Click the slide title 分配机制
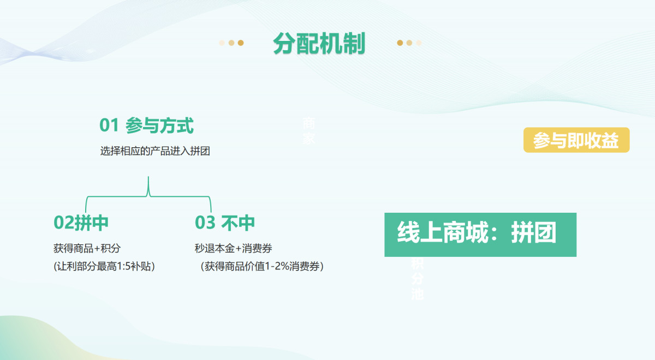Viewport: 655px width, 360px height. [319, 44]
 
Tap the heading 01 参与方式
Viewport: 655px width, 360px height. [146, 126]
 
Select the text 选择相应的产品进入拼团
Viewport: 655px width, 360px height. [155, 152]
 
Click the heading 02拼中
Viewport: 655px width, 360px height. [81, 223]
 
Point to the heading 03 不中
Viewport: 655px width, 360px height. [225, 223]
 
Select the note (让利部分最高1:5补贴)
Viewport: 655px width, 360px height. [104, 267]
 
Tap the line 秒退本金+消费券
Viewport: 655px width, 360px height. [234, 249]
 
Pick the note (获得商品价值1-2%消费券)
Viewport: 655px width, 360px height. [262, 267]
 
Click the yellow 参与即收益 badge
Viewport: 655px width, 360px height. [576, 140]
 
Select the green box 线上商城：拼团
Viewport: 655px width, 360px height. [480, 235]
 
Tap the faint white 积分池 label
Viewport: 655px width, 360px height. [418, 279]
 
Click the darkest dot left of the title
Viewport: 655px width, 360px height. [241, 43]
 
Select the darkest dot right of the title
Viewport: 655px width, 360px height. [400, 43]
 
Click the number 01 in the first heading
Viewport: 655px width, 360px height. [109, 126]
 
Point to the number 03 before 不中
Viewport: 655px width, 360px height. [205, 223]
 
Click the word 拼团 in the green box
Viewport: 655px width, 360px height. [533, 233]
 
